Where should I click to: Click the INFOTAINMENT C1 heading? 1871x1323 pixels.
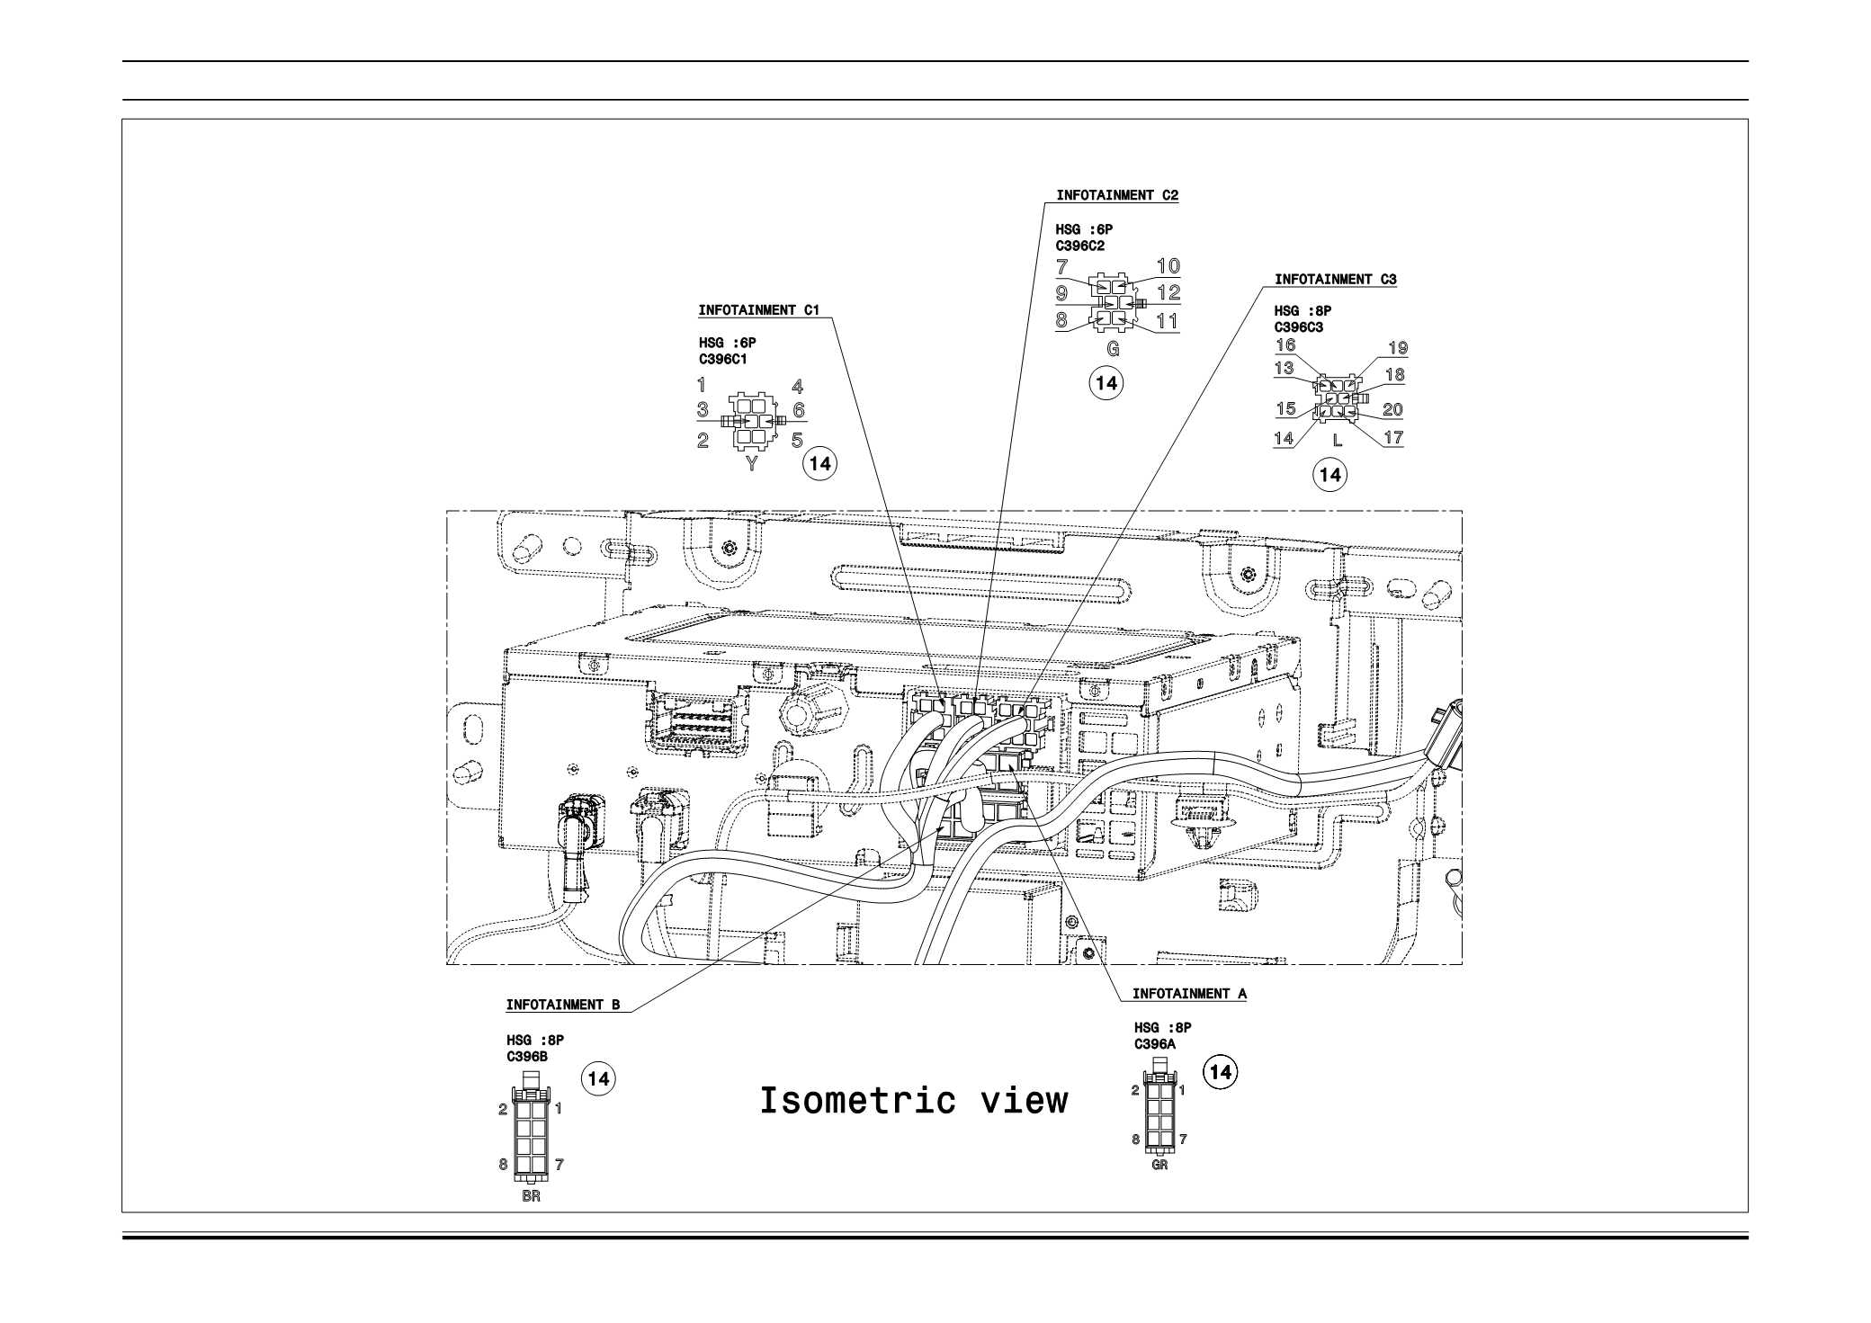[x=758, y=310]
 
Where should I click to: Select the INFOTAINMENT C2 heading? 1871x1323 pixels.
[x=1116, y=195]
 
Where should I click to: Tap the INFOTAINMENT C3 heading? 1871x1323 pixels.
[x=1335, y=280]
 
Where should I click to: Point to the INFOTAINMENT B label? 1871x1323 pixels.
[x=563, y=1005]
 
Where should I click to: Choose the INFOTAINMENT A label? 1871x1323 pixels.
[x=1189, y=994]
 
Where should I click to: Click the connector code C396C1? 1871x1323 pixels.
[x=722, y=359]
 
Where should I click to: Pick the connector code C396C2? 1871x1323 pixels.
[x=1079, y=245]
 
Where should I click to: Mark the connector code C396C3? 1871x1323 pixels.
[x=1298, y=327]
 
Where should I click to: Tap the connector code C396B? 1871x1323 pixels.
[x=526, y=1057]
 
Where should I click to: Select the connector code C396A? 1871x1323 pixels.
[x=1155, y=1044]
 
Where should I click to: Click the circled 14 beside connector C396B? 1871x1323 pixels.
[x=599, y=1078]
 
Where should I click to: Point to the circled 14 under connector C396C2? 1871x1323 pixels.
[x=1106, y=382]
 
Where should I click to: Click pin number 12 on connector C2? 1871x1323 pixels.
[x=1168, y=292]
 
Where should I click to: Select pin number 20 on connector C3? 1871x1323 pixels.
[x=1392, y=410]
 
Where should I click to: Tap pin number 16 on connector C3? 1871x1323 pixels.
[x=1285, y=345]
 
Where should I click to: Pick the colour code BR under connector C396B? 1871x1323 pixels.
[x=531, y=1196]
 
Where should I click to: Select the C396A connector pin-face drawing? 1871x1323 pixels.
[x=1159, y=1112]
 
